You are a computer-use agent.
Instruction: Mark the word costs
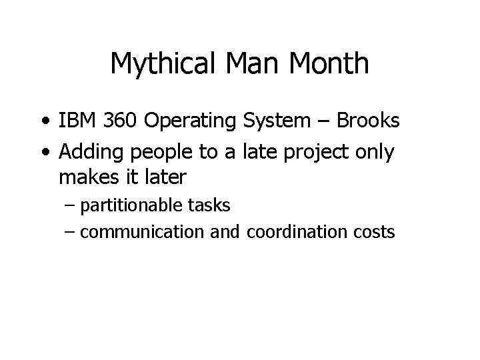[375, 233]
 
